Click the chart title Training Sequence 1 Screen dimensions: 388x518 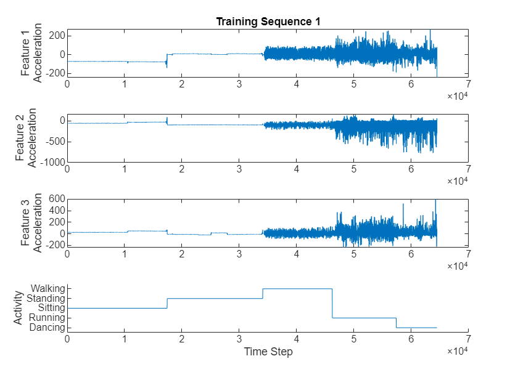(x=268, y=22)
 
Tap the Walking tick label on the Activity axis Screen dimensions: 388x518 (x=47, y=288)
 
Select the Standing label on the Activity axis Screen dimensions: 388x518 (x=46, y=298)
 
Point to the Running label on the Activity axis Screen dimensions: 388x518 (x=46, y=318)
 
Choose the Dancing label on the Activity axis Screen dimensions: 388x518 (x=46, y=328)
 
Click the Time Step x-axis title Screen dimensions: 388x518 (x=268, y=352)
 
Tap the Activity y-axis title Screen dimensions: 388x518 (x=18, y=308)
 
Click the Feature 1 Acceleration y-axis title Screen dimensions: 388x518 (x=31, y=52)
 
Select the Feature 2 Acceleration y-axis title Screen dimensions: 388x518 (x=26, y=138)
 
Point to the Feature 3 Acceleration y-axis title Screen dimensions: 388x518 (x=31, y=223)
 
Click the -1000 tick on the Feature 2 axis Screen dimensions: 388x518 (x=52, y=162)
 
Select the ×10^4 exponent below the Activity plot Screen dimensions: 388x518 (x=457, y=350)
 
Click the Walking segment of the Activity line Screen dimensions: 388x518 (x=297, y=288)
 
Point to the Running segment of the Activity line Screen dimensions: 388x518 (x=364, y=318)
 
